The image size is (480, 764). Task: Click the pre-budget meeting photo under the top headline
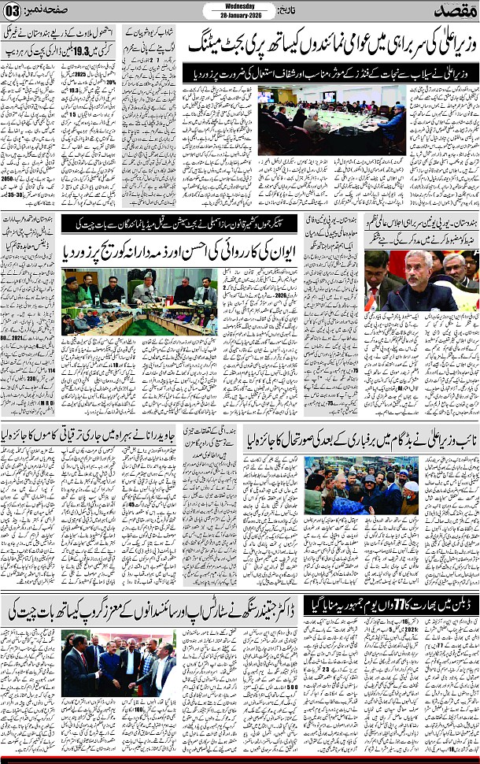coord(331,121)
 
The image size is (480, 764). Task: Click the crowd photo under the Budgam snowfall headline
coord(362,484)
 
